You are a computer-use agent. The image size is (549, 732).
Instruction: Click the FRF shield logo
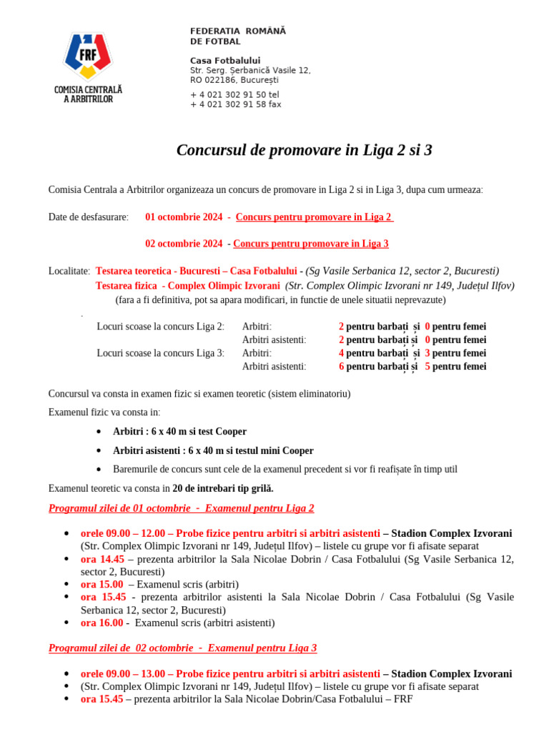(x=88, y=56)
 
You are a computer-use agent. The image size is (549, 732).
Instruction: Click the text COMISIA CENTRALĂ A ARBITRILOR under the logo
(x=88, y=94)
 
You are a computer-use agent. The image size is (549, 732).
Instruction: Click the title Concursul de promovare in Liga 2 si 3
(x=304, y=150)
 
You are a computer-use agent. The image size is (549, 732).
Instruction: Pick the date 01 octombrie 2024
(x=184, y=217)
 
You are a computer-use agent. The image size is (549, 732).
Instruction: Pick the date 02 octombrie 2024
(x=184, y=244)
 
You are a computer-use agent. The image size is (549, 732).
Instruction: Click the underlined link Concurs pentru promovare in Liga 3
(x=311, y=244)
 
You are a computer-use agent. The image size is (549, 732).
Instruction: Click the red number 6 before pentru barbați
(x=342, y=367)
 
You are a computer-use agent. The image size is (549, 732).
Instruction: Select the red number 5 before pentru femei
(x=427, y=367)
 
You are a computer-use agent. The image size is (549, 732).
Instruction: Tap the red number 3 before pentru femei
(x=427, y=353)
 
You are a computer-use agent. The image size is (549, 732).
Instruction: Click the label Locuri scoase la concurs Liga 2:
(x=161, y=327)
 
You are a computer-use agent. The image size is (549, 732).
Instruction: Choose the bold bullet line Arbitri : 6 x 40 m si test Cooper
(x=179, y=432)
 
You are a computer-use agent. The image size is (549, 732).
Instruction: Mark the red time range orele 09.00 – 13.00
(x=122, y=673)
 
